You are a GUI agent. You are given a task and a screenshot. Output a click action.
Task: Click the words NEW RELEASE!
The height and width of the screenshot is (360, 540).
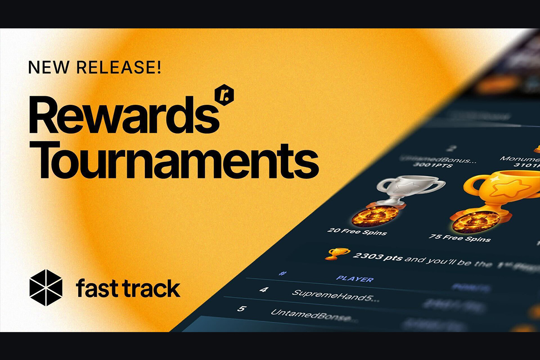(94, 68)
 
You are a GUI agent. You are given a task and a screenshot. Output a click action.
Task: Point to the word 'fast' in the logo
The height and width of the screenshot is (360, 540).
(94, 288)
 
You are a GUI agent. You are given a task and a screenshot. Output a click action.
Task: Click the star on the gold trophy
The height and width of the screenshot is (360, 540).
(508, 187)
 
